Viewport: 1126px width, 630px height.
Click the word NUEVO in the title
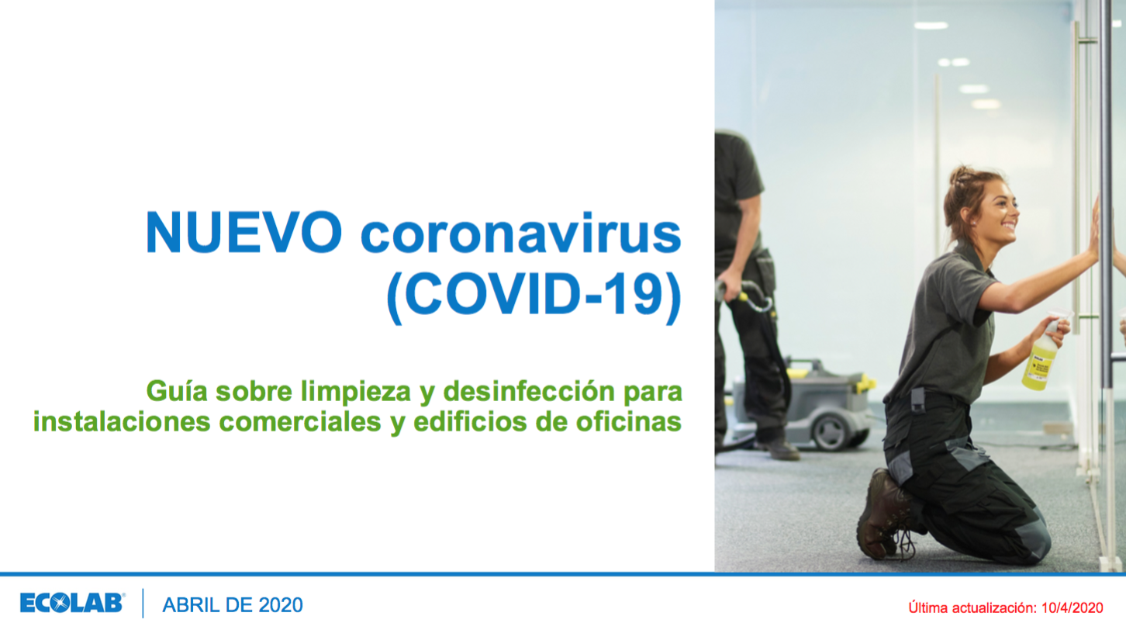point(244,232)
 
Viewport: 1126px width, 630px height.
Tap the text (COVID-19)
point(534,296)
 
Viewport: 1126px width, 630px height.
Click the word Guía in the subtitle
point(177,392)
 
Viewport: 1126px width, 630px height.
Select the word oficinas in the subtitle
point(628,421)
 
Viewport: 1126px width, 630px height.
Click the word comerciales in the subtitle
point(300,421)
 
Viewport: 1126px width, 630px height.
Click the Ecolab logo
point(72,603)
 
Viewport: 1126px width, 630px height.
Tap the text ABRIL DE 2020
point(232,605)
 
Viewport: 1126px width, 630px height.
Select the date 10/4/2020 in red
point(1072,607)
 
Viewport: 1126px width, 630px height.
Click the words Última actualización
point(972,607)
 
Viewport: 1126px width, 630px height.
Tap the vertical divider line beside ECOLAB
point(143,604)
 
